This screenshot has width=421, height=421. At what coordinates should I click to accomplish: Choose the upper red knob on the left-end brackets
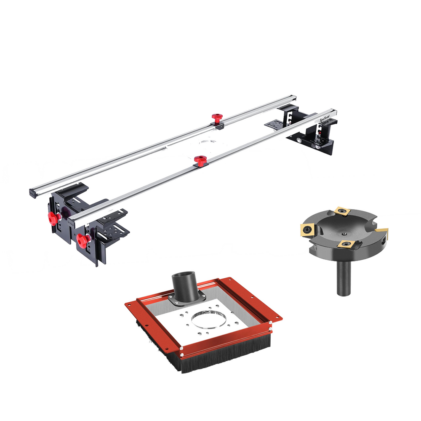point(53,218)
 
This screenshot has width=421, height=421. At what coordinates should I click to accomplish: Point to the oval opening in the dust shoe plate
point(208,320)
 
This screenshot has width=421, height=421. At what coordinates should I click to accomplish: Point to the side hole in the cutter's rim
point(383,243)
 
